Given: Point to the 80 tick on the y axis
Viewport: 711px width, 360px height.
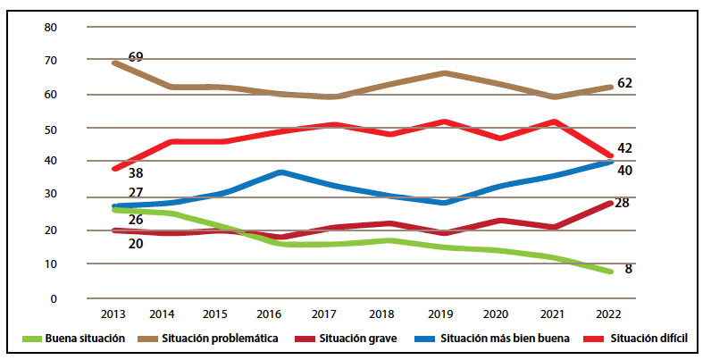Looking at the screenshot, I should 50,27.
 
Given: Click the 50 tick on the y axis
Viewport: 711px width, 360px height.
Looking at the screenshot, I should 50,129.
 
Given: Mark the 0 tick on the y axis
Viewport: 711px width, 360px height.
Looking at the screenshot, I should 53,298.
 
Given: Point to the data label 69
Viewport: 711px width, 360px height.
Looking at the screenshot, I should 135,57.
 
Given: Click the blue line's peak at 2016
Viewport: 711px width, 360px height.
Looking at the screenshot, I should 281,172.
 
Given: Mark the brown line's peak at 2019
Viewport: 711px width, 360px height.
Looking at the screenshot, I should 445,72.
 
